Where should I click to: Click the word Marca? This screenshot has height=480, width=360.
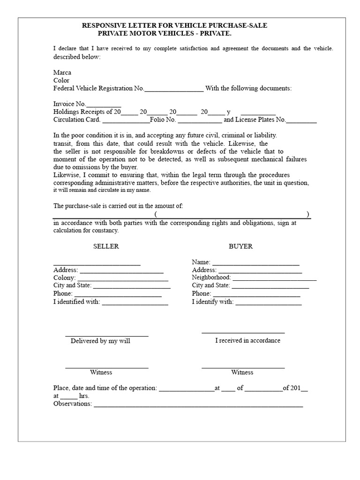(x=62, y=73)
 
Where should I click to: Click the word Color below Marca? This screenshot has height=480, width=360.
(x=61, y=80)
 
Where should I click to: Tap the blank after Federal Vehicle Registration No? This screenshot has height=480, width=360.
(x=174, y=89)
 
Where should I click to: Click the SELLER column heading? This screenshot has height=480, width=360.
(x=106, y=246)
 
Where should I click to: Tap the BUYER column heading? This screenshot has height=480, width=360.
(x=240, y=246)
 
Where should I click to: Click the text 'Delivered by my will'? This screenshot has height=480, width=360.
(x=100, y=341)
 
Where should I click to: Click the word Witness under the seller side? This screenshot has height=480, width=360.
(x=101, y=372)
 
